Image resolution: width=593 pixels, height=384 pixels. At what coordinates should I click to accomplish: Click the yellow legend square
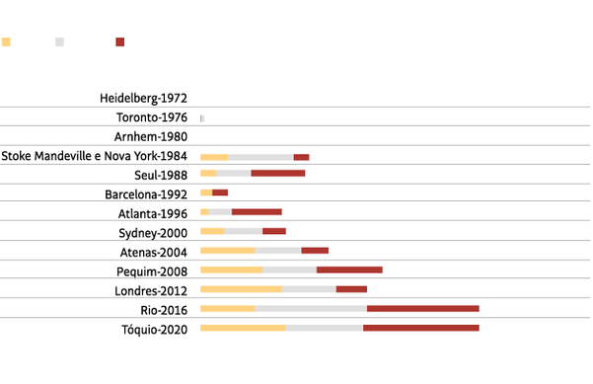coord(6,42)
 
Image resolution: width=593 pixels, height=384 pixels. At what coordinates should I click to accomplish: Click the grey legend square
coord(60,42)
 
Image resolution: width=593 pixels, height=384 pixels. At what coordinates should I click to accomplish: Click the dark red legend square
coord(120,42)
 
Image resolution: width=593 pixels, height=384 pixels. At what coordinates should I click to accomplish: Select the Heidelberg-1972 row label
coord(144,99)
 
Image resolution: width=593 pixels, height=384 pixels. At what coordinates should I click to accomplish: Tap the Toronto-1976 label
coord(152,117)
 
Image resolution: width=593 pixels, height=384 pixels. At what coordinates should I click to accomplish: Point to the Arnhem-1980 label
coord(152,136)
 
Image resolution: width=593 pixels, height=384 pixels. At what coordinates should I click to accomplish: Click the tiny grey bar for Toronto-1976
coord(202,118)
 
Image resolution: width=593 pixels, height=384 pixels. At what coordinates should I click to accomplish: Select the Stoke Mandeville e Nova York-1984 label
coord(95,156)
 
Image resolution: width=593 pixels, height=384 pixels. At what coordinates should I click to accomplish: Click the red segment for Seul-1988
coord(277,174)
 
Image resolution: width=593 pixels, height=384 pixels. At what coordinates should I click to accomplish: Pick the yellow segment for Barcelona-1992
coord(206,192)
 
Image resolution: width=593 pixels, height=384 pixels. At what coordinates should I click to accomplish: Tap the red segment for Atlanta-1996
coord(257,212)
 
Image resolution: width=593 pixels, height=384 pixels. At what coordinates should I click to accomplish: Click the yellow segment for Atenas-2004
coord(228,251)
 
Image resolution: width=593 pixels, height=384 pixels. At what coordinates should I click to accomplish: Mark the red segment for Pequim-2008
coord(349,269)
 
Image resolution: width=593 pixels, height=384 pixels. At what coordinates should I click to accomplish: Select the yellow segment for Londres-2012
coord(241,289)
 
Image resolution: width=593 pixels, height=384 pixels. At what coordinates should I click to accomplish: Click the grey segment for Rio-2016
coord(311,309)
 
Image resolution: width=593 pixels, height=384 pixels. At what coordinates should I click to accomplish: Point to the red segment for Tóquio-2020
coord(420,328)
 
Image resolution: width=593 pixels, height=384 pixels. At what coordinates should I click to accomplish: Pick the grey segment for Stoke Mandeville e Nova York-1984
coord(260,157)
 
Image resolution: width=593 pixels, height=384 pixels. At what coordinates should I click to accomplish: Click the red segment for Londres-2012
coord(351,289)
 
